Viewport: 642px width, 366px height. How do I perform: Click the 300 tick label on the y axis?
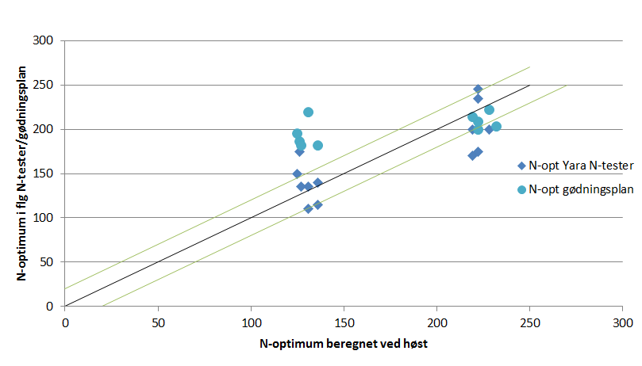point(47,40)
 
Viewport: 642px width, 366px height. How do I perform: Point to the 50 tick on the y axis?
point(49,261)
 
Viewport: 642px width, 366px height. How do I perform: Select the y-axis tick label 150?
point(47,173)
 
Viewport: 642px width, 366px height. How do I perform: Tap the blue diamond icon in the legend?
point(521,166)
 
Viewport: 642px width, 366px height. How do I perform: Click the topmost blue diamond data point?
point(478,90)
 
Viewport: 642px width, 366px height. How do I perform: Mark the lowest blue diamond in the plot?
point(308,209)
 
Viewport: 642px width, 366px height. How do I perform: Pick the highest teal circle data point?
point(308,112)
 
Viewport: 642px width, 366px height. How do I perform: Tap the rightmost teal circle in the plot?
point(496,127)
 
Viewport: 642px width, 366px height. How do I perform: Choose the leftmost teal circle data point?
point(297,134)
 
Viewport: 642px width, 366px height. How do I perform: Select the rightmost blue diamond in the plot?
point(489,129)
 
